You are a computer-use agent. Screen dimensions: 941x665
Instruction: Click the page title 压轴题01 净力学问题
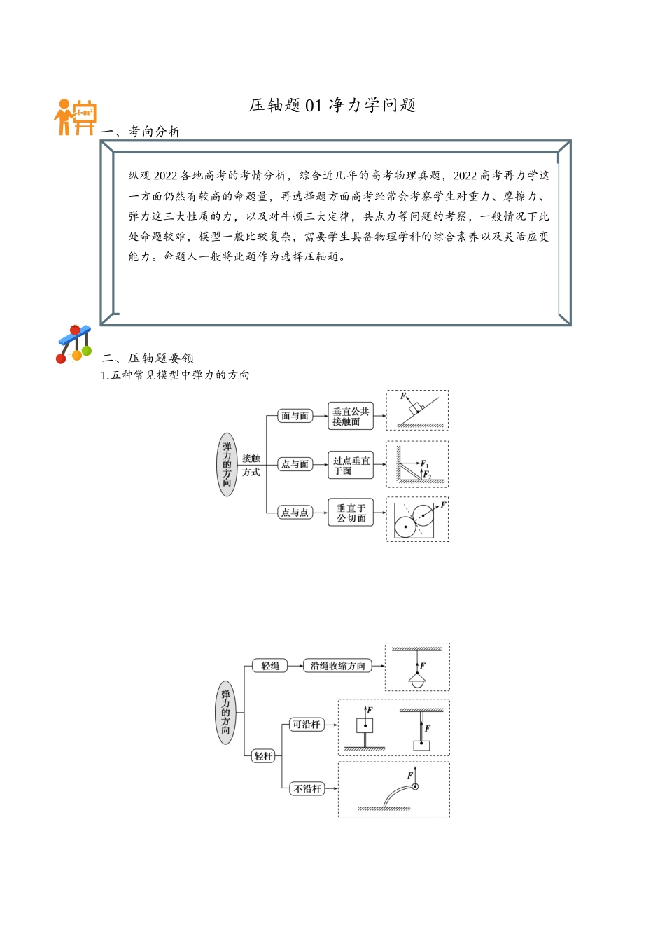(332, 105)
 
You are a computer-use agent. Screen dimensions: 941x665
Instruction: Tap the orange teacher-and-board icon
(75, 117)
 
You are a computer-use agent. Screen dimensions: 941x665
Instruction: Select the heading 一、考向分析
(141, 132)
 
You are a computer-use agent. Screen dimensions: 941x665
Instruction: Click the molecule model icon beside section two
(74, 344)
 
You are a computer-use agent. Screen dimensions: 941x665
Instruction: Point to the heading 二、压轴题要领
(148, 358)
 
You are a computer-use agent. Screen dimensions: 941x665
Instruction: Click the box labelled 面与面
(295, 416)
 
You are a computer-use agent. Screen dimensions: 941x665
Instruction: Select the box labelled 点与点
(295, 513)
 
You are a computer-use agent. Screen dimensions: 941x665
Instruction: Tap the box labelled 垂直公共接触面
(351, 417)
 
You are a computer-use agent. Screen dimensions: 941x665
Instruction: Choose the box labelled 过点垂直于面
(351, 466)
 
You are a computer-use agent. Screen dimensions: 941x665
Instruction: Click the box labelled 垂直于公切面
(351, 513)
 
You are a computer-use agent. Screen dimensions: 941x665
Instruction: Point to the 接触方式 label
(251, 465)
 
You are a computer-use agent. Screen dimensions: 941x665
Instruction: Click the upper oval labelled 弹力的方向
(227, 464)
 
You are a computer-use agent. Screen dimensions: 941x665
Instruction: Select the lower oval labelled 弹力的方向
(225, 713)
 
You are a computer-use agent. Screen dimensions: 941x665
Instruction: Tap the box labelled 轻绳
(270, 666)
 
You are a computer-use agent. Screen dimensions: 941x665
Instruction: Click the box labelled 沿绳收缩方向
(337, 666)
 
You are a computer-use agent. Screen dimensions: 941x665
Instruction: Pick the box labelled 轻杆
(263, 756)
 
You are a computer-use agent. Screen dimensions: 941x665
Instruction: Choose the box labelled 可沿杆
(307, 725)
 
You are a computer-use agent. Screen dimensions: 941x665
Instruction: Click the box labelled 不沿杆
(307, 789)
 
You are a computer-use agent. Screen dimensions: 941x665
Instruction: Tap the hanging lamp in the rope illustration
(417, 681)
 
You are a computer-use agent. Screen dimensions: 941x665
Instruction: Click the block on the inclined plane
(416, 407)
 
